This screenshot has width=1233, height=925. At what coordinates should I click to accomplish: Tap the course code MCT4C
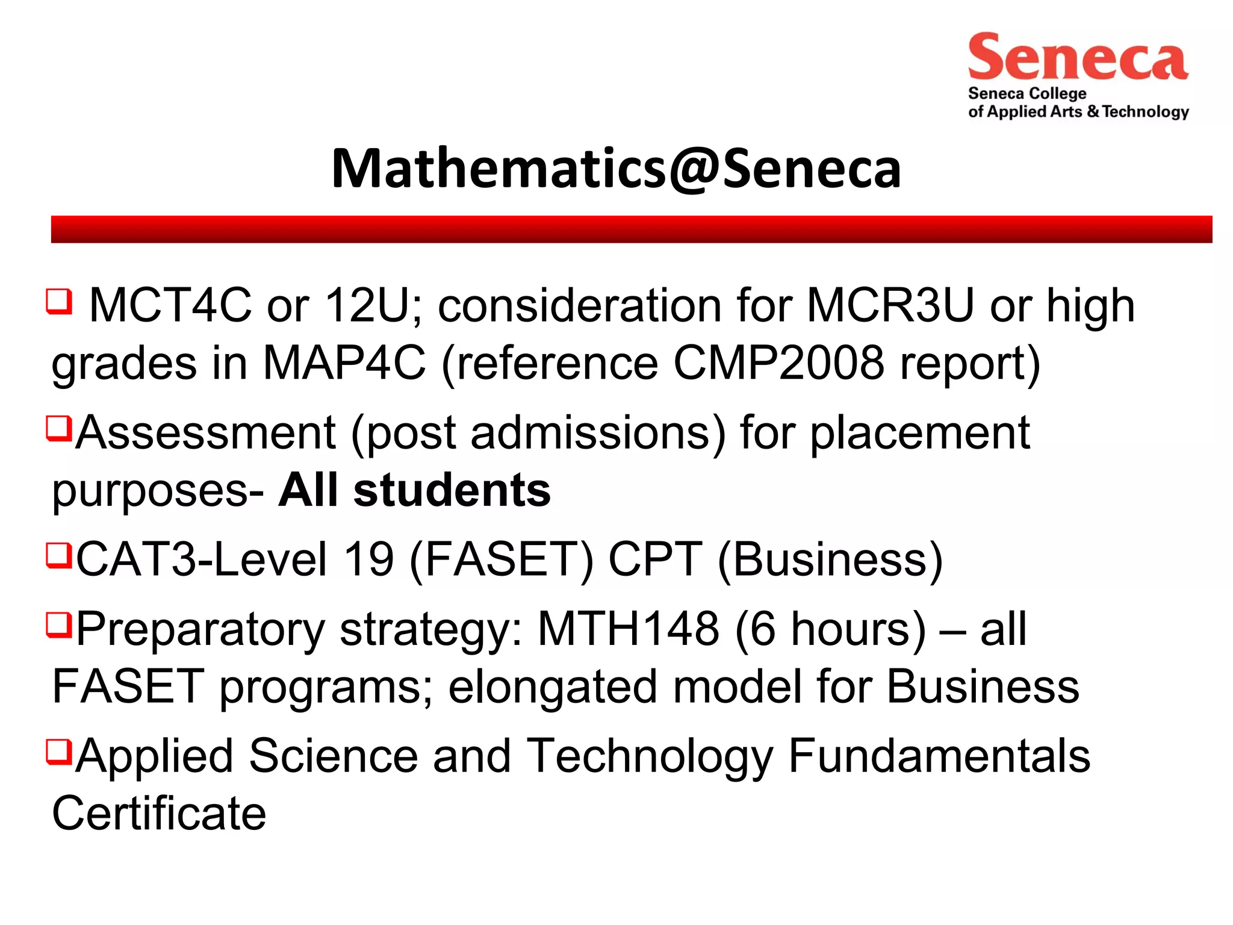[x=170, y=305]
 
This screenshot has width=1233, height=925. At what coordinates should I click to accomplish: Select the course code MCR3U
[x=890, y=305]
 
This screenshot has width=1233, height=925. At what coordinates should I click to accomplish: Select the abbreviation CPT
[x=655, y=559]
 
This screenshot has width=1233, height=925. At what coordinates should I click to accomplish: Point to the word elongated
[x=553, y=687]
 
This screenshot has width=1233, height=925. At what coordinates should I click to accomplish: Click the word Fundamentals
[x=939, y=756]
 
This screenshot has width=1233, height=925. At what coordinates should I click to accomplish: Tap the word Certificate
[x=159, y=814]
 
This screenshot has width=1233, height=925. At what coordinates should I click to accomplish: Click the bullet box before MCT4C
[x=59, y=301]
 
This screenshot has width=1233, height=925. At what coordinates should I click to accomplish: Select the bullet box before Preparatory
[x=59, y=624]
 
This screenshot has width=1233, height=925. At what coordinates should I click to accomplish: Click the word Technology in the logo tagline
[x=1146, y=112]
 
